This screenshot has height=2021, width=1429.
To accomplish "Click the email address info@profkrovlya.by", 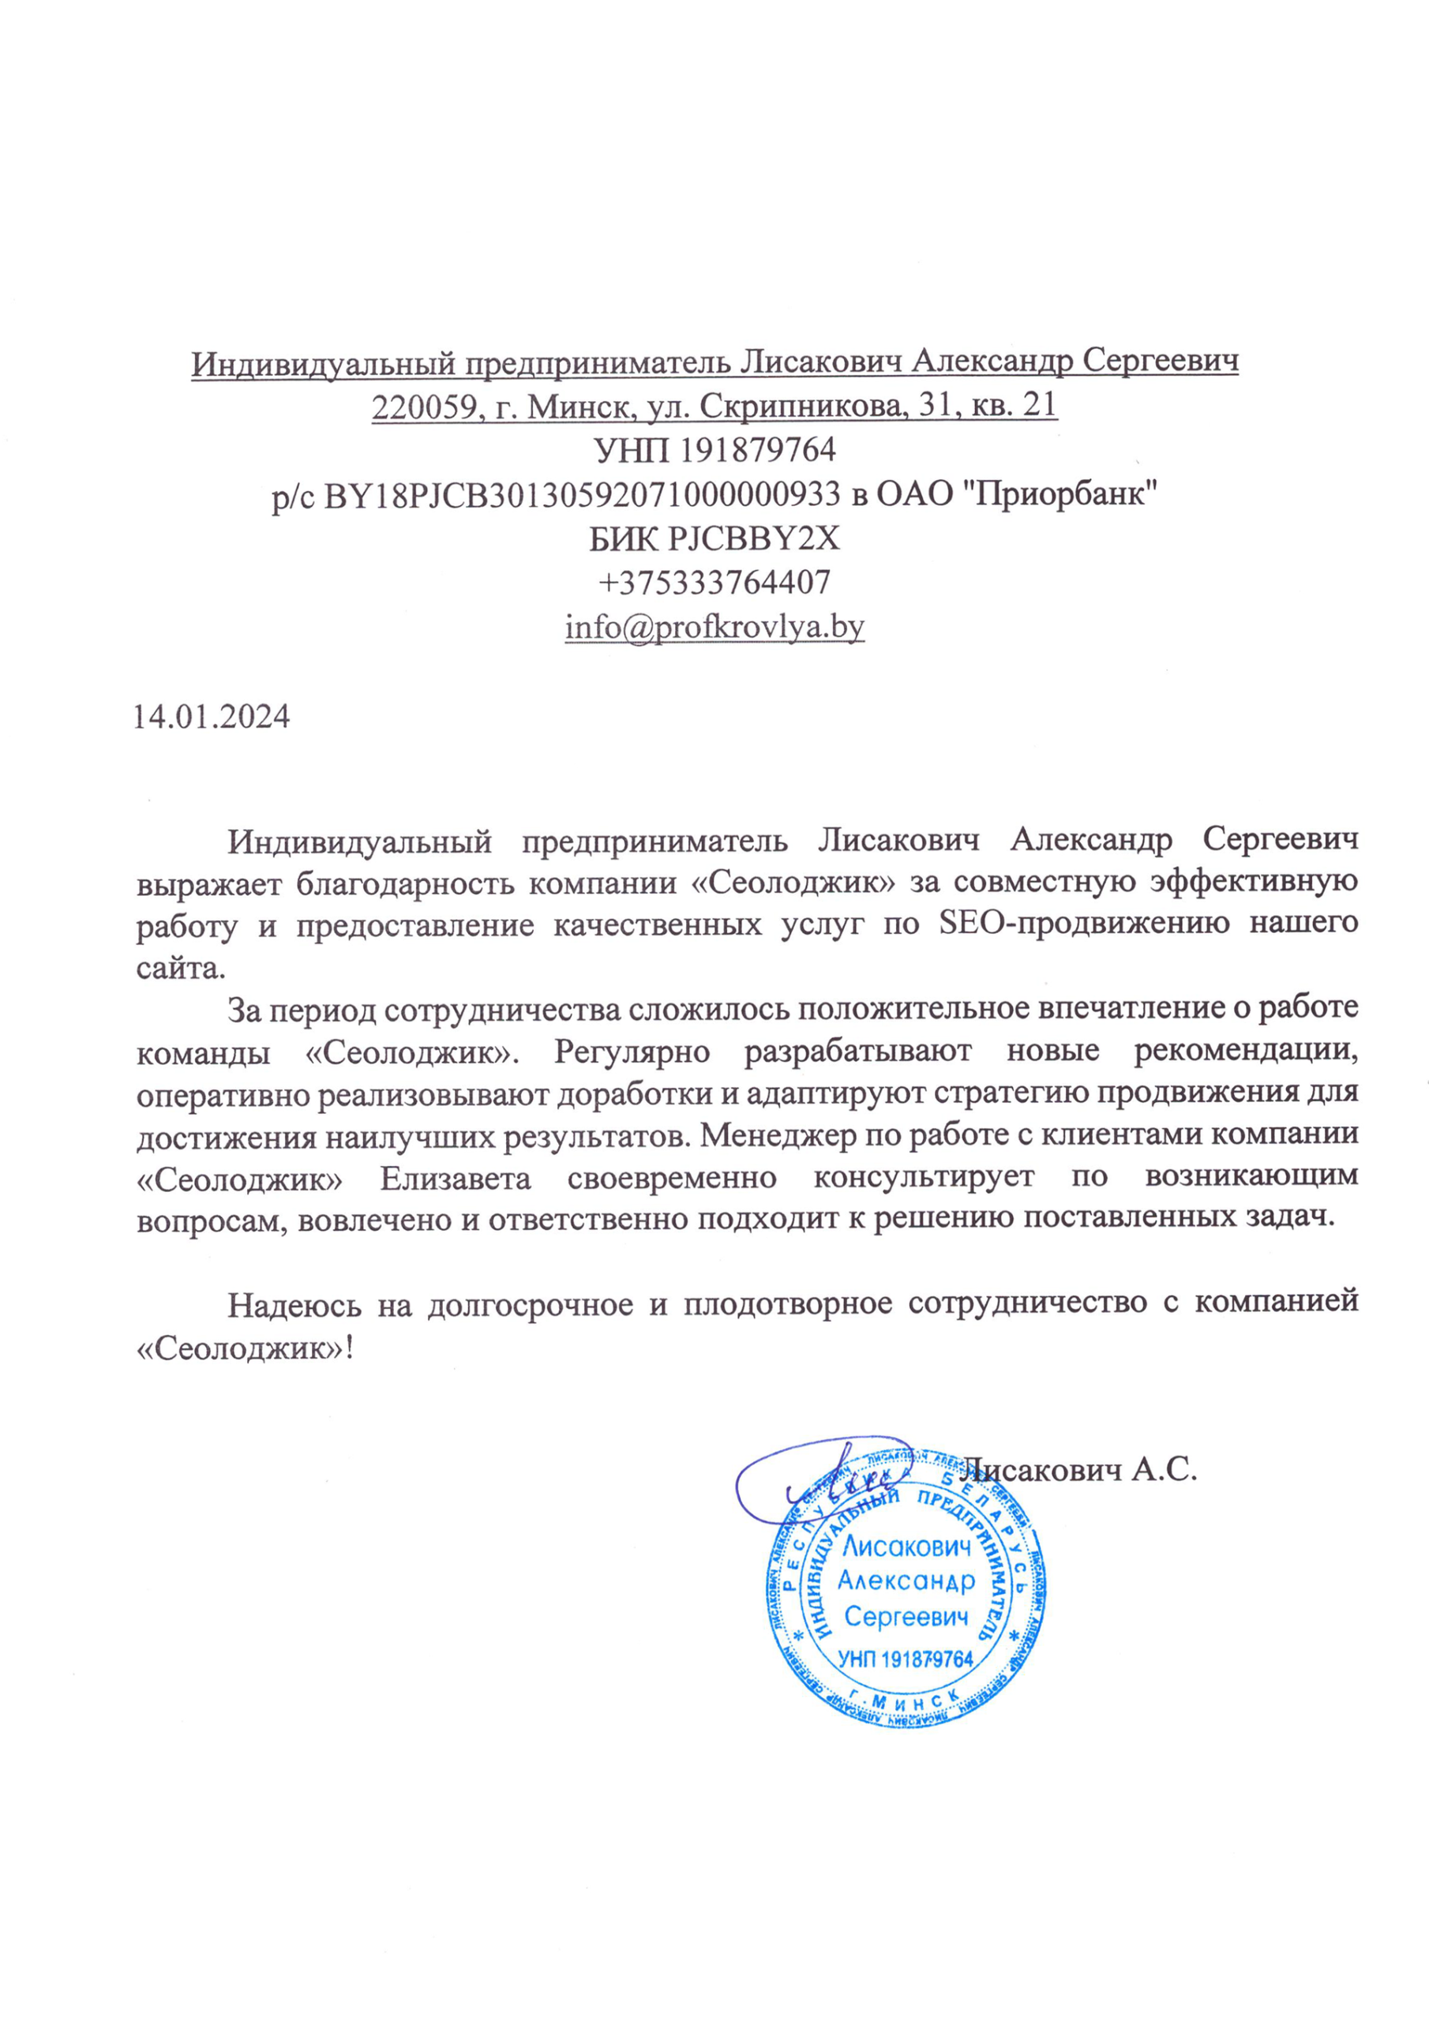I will point(714,627).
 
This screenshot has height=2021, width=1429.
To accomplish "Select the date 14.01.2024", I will point(212,717).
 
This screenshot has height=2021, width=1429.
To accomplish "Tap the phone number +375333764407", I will point(714,582).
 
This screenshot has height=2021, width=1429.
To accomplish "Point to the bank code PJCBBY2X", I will point(754,538).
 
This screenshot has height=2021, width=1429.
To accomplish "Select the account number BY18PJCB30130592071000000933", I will point(582,495).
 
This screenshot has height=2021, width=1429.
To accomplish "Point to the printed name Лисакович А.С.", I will point(1078,1469).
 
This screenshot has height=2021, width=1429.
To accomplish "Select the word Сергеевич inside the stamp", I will point(906,1616).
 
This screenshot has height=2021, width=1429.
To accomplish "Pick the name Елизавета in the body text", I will point(456,1177).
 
